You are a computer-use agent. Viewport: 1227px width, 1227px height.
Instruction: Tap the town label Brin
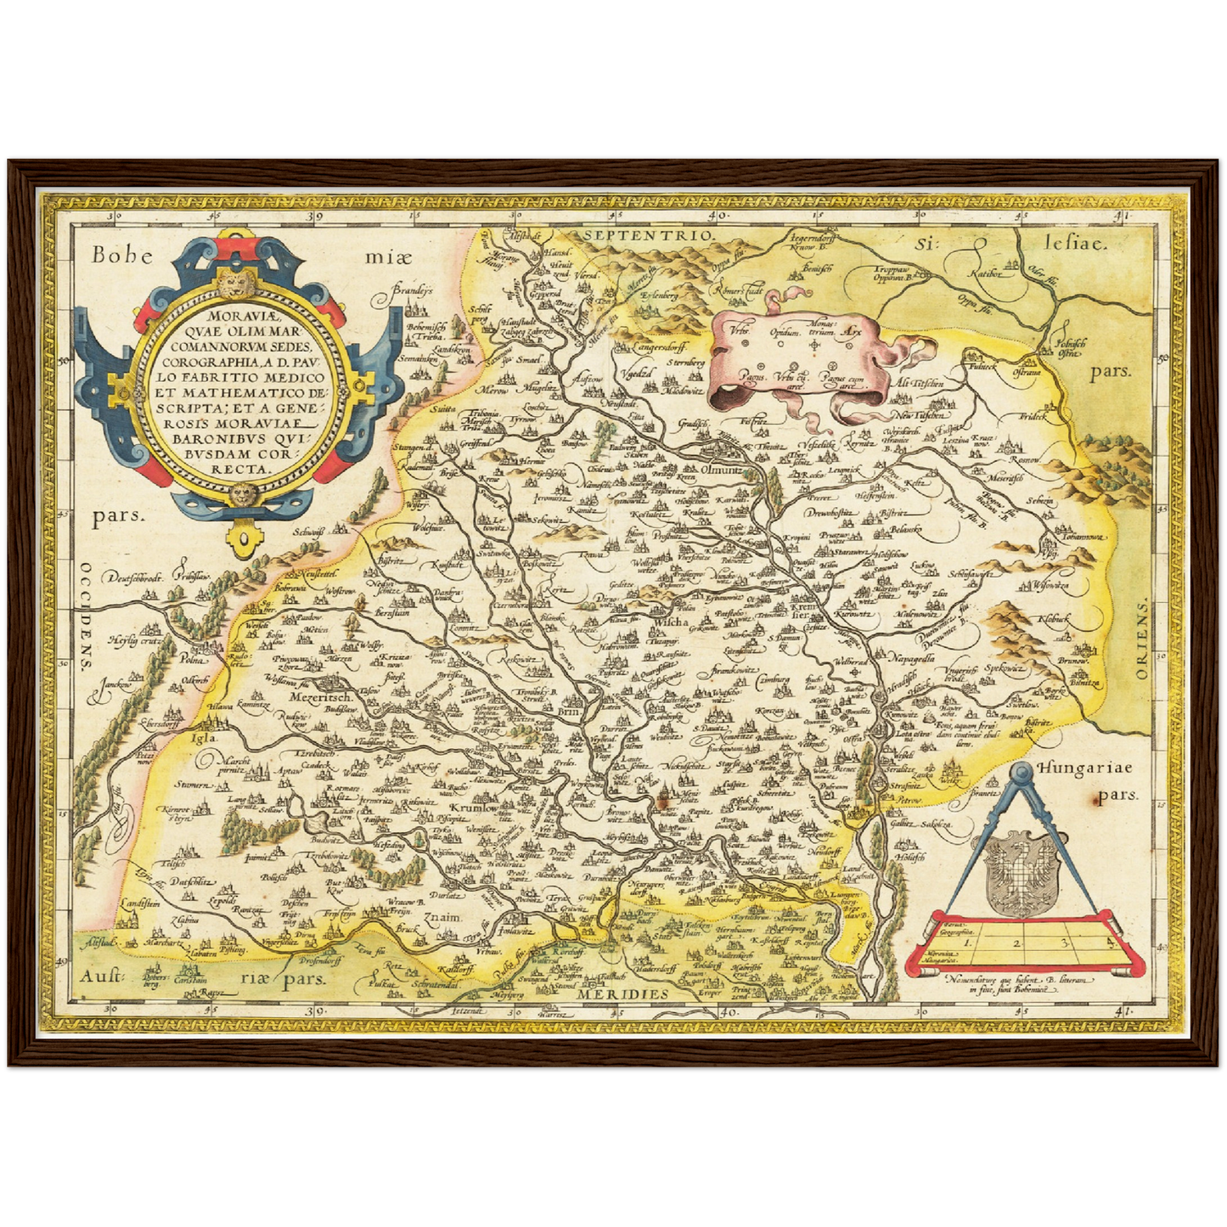pyautogui.click(x=568, y=714)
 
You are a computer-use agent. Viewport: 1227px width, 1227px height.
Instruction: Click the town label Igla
pyautogui.click(x=203, y=738)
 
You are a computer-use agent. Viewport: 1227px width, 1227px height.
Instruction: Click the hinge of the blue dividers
pyautogui.click(x=1022, y=771)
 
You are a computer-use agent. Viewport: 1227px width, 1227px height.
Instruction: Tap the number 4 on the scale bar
pyautogui.click(x=1108, y=939)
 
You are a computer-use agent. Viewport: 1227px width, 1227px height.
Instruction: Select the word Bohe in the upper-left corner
pyautogui.click(x=123, y=253)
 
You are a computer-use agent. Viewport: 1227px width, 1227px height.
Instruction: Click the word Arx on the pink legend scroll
pyautogui.click(x=853, y=333)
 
